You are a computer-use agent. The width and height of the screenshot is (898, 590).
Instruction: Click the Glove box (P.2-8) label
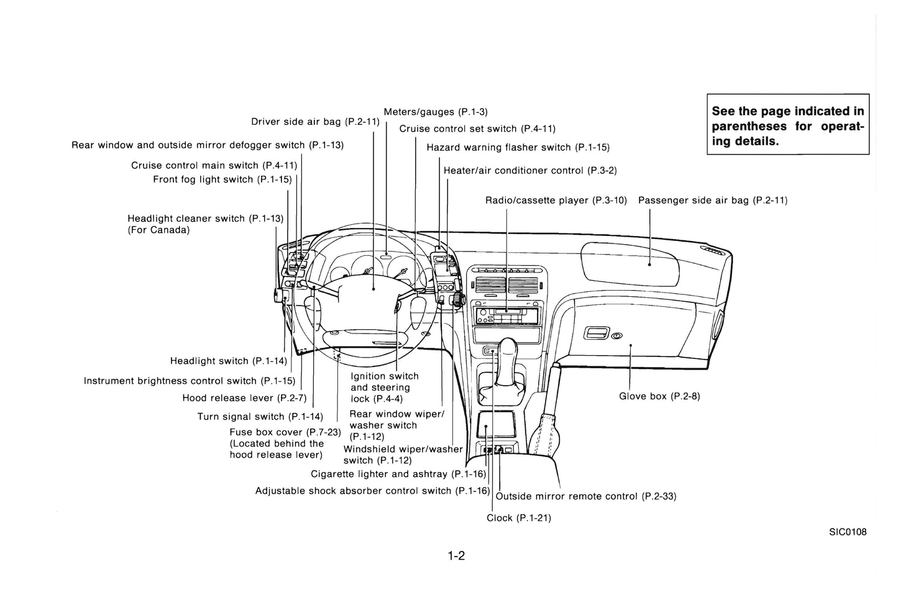(x=659, y=396)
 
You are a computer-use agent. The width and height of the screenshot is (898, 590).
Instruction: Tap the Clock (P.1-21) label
(x=519, y=518)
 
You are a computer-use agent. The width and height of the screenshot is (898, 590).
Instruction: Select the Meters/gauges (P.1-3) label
(x=436, y=112)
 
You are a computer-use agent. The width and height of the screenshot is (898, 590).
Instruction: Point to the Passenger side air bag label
(x=713, y=200)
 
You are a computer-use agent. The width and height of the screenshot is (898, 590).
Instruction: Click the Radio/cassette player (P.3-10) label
(x=556, y=200)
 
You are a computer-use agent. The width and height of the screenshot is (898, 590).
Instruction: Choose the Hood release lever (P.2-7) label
(x=245, y=397)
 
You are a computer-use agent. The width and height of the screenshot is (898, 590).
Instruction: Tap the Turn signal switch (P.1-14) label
(x=260, y=417)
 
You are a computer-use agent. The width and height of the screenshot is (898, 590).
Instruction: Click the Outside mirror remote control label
(x=586, y=496)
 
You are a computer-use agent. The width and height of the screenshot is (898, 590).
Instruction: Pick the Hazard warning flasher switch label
(x=518, y=147)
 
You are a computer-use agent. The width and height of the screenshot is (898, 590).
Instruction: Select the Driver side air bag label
(x=315, y=121)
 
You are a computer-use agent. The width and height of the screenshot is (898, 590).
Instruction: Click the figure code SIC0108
(x=848, y=532)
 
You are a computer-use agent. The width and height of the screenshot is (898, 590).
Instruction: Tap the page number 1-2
(x=456, y=556)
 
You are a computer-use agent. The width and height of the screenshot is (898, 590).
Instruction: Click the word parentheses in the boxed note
(x=749, y=126)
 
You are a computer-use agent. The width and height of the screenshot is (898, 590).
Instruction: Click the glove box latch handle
(x=596, y=333)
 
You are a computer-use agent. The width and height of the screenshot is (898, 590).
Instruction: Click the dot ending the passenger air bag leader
(x=649, y=265)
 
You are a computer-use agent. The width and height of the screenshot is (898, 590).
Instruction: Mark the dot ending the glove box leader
(x=631, y=345)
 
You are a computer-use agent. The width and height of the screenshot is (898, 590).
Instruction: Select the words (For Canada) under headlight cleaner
(x=158, y=230)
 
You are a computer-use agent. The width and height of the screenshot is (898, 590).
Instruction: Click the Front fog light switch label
(x=222, y=179)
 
